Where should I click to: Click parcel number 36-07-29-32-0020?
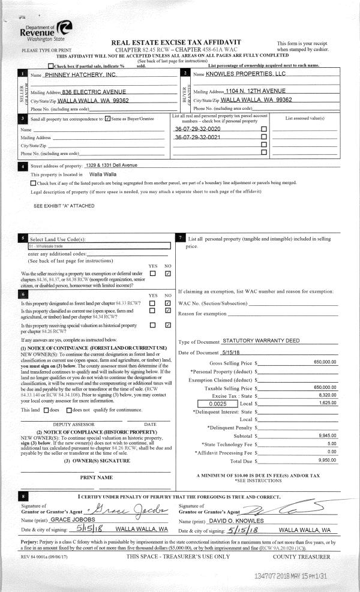(x=197, y=130)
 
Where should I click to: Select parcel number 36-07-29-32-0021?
(x=197, y=138)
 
